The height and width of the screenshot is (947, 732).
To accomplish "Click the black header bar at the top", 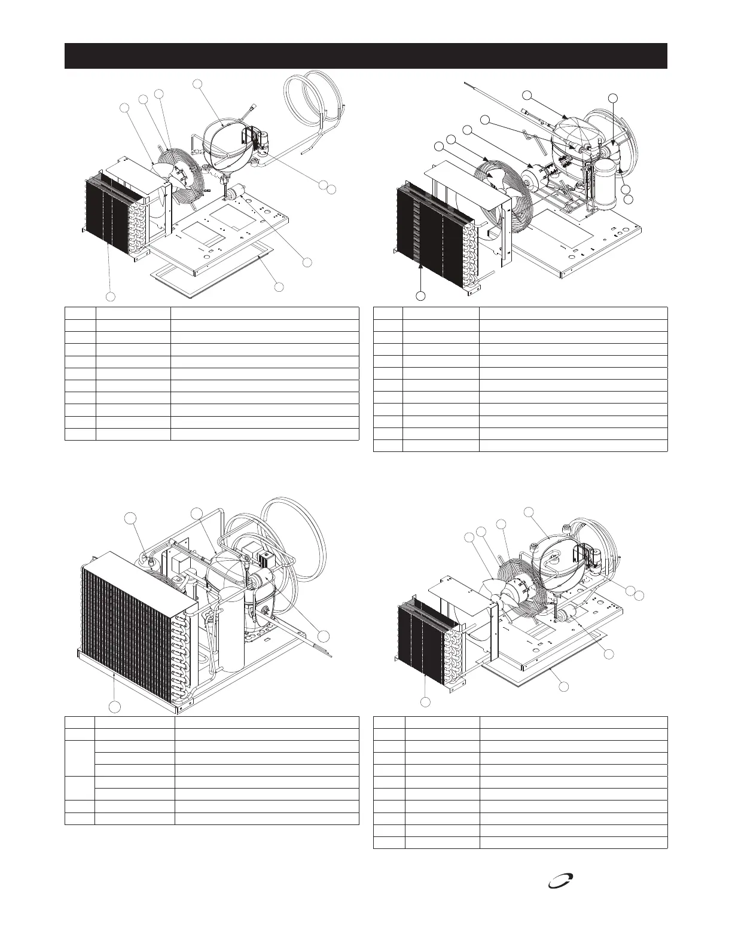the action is (365, 56).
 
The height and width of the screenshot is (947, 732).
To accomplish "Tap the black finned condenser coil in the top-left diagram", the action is (108, 209).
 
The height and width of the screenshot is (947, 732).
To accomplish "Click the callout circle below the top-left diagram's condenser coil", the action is (111, 297).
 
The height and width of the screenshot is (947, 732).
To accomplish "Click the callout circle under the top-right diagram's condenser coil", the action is (421, 295).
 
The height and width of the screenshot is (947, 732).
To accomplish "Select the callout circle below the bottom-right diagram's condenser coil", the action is (425, 701).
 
